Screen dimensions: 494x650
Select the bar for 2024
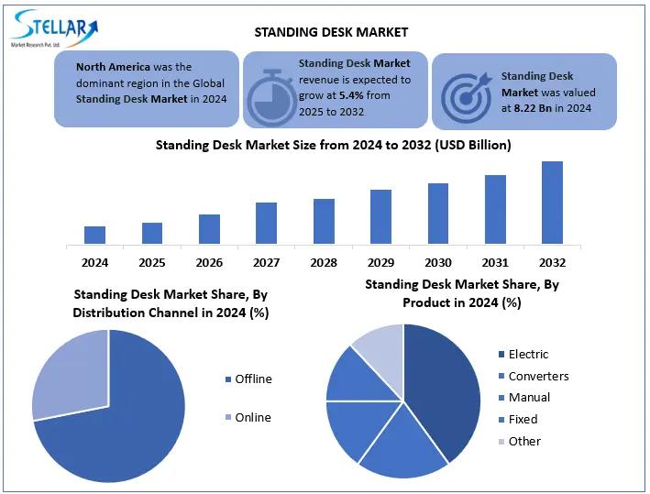coord(94,235)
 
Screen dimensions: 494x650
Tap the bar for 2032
coord(552,203)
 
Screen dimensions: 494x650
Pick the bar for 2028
coord(324,221)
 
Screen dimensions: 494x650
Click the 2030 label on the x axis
coord(438,263)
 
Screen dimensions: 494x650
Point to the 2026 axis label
coord(209,263)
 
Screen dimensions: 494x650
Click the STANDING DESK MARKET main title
coord(331,32)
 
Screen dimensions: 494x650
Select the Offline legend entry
coord(253,379)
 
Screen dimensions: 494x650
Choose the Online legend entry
coord(252,418)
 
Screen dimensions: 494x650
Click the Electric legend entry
coord(528,355)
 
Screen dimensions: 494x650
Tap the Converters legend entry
coord(538,377)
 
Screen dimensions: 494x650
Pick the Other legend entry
coord(524,442)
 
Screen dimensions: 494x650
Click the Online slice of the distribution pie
coord(69,371)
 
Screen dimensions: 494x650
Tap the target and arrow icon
coord(466,93)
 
